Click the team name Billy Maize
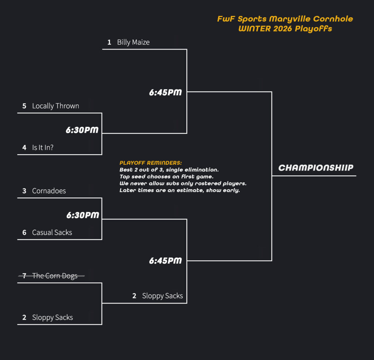click(133, 42)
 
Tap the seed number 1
click(109, 42)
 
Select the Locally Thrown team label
click(56, 106)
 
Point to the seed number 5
click(24, 106)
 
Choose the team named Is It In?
click(43, 148)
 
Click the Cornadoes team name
click(49, 191)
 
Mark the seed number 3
click(24, 191)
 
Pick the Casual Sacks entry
click(52, 233)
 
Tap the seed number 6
click(24, 233)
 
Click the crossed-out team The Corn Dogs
click(55, 276)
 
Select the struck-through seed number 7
click(24, 276)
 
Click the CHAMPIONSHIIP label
click(316, 168)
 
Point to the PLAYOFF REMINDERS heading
click(150, 163)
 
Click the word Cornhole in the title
click(337, 19)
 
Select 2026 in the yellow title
click(283, 29)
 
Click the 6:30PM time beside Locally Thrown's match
click(82, 130)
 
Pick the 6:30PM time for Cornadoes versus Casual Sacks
click(83, 215)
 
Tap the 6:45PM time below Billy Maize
click(165, 93)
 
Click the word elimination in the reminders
click(203, 170)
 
